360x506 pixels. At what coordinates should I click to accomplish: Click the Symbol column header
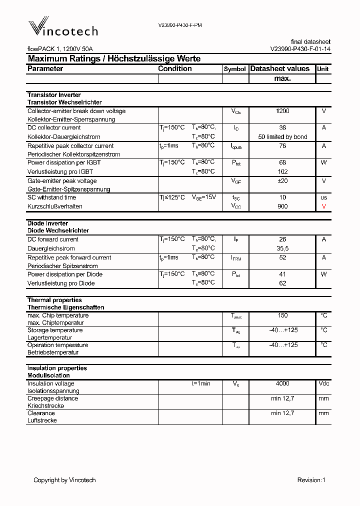click(x=234, y=69)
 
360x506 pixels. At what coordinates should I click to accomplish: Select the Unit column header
click(x=323, y=69)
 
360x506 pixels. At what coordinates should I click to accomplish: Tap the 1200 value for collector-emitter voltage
click(x=282, y=111)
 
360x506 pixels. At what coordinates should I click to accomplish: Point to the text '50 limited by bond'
click(x=282, y=136)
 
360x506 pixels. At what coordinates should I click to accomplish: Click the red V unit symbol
click(x=323, y=206)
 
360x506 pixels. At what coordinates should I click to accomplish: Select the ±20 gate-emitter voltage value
click(x=282, y=181)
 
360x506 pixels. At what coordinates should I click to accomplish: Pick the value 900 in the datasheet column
click(x=282, y=206)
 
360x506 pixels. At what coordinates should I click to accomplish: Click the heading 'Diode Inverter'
click(x=47, y=223)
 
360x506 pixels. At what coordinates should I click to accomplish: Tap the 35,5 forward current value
click(x=282, y=248)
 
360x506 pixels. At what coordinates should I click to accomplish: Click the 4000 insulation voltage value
click(x=282, y=383)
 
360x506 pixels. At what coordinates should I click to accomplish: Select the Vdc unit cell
click(x=323, y=383)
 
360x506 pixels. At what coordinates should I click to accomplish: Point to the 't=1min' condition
click(x=201, y=383)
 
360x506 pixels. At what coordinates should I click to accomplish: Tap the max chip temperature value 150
click(x=282, y=315)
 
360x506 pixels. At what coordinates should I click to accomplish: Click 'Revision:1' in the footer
click(x=311, y=480)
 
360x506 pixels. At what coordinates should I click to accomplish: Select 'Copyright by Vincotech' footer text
click(x=64, y=480)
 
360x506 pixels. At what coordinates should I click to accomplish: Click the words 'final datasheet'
click(x=310, y=41)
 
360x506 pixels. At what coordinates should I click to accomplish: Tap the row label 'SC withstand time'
click(x=51, y=197)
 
